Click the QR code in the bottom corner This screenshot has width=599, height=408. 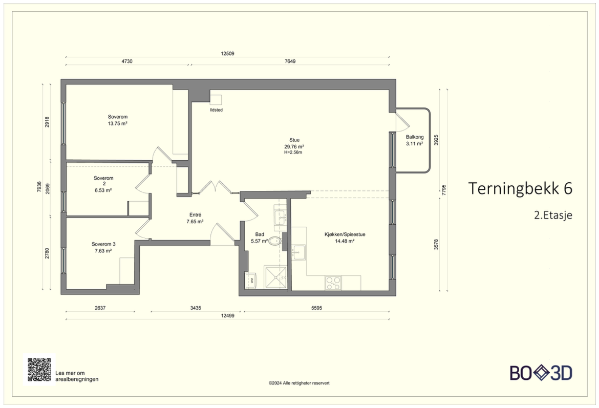[x=39, y=370]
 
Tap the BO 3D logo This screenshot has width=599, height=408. [x=541, y=373]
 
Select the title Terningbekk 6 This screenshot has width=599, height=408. [x=520, y=188]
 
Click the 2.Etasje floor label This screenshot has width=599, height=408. [x=553, y=215]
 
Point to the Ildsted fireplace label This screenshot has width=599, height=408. [x=216, y=110]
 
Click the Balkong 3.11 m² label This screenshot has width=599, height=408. [x=415, y=140]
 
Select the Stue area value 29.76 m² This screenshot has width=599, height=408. [x=294, y=146]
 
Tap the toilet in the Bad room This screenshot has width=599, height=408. [x=274, y=241]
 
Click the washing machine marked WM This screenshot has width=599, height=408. [x=252, y=281]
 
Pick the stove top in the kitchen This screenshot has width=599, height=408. [x=333, y=283]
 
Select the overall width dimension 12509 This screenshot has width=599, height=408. [x=227, y=53]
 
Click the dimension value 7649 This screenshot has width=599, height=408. [x=290, y=61]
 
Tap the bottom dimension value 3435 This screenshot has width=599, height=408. [x=196, y=308]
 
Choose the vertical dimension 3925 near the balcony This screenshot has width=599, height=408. [x=436, y=140]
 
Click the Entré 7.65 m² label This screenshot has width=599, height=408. [x=195, y=218]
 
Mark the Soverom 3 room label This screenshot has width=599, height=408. [x=103, y=244]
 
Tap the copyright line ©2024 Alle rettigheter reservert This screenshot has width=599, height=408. [x=299, y=383]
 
